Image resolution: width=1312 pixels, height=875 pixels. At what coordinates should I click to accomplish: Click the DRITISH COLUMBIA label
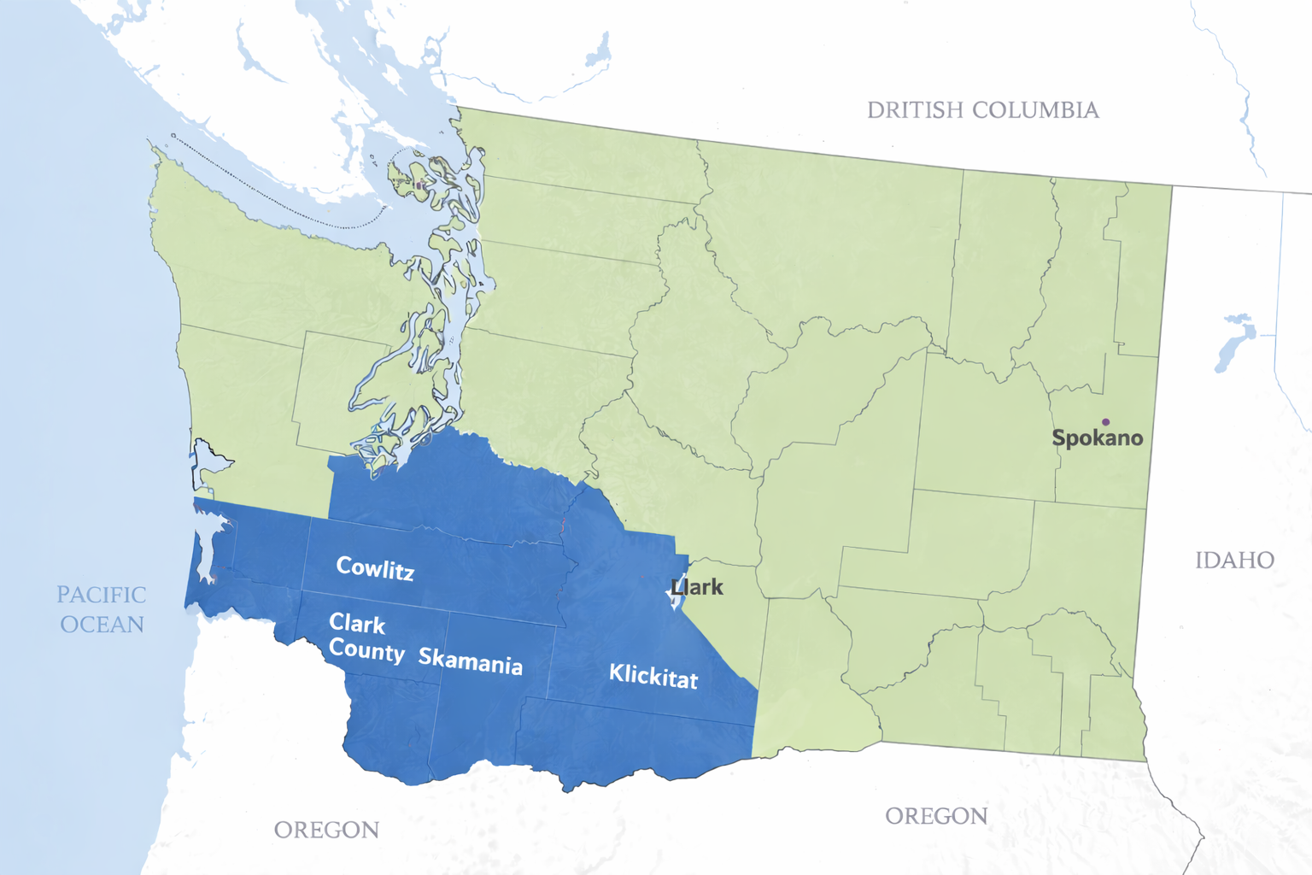(982, 110)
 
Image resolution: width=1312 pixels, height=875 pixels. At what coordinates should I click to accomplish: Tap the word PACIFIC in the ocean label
(101, 595)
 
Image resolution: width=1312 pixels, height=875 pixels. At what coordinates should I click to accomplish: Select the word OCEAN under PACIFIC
(102, 625)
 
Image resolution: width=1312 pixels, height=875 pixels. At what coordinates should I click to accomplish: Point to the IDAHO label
(1234, 561)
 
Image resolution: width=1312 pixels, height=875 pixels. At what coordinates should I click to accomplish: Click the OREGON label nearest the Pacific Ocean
(326, 830)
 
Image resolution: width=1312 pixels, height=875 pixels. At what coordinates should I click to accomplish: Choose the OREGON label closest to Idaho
(936, 816)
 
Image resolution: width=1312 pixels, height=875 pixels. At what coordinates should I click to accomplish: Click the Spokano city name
(1097, 438)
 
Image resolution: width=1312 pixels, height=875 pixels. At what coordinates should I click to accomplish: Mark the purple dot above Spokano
(1105, 422)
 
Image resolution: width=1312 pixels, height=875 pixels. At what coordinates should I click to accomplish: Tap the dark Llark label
(697, 587)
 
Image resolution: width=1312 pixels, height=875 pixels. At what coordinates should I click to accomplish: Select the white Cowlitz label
(375, 567)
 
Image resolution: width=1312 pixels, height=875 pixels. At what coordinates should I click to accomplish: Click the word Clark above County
(357, 623)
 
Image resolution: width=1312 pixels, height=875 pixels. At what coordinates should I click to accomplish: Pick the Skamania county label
(470, 661)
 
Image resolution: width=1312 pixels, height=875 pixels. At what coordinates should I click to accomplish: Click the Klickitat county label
(653, 676)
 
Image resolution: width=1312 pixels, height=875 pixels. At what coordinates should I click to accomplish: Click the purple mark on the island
(419, 185)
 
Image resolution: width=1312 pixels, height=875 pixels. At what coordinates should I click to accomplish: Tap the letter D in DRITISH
(876, 110)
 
